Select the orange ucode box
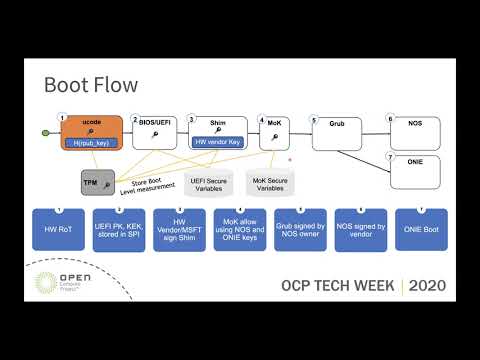[x=91, y=134]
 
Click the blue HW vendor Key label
[x=217, y=142]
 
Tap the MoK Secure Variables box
[x=270, y=183]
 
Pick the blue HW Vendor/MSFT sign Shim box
[x=180, y=229]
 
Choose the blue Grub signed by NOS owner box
[x=302, y=229]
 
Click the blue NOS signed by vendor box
[x=362, y=229]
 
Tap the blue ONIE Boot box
[x=422, y=229]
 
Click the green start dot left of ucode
[x=45, y=133]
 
